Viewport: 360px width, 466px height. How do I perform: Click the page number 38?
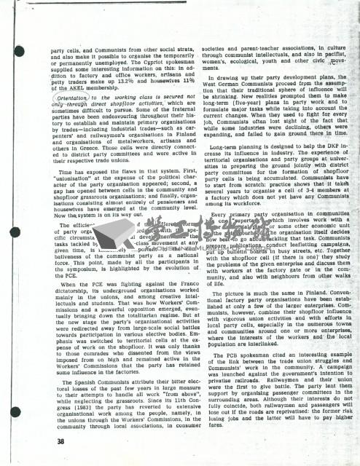point(23,441)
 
